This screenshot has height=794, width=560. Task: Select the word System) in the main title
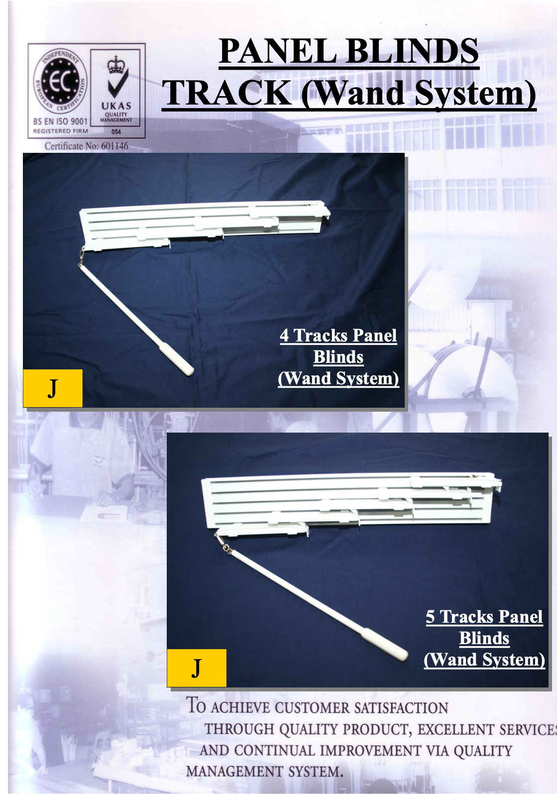[x=475, y=94]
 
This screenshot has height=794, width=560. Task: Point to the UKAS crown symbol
[x=116, y=65]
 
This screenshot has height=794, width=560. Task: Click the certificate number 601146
[x=114, y=146]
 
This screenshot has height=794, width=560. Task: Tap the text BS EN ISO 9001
[x=60, y=121]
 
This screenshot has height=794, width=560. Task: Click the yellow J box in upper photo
[x=53, y=388]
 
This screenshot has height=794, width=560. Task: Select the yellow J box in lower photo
[x=197, y=668]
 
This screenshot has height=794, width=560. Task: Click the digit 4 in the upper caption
[x=284, y=336]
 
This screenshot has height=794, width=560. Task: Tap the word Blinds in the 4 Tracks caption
[x=338, y=356]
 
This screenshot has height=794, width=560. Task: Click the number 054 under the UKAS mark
[x=116, y=132]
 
